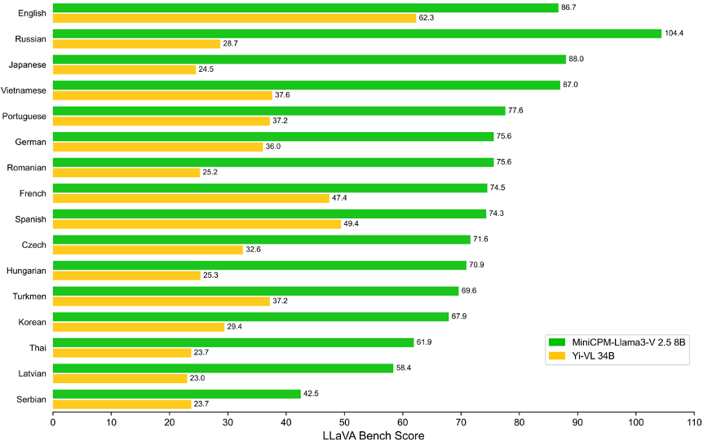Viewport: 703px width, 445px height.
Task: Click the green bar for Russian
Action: pyautogui.click(x=357, y=33)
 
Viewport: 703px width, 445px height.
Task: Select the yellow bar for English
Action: pyautogui.click(x=235, y=18)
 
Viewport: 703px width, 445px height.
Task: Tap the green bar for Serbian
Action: pyautogui.click(x=177, y=394)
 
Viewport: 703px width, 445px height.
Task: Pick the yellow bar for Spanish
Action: pyautogui.click(x=197, y=224)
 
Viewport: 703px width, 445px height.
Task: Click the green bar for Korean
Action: pyautogui.click(x=250, y=317)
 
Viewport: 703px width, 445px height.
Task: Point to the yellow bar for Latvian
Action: pyautogui.click(x=120, y=379)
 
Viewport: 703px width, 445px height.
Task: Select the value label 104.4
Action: pyautogui.click(x=674, y=33)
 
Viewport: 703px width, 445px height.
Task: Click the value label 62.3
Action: pyautogui.click(x=427, y=18)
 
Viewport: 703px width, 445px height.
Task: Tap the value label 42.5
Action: pyautogui.click(x=311, y=394)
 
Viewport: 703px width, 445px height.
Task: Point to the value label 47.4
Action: pyautogui.click(x=339, y=197)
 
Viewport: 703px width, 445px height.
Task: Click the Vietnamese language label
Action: pyautogui.click(x=24, y=90)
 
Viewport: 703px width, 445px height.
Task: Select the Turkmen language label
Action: pyautogui.click(x=29, y=297)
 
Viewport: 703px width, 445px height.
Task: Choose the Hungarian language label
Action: pyautogui.click(x=26, y=271)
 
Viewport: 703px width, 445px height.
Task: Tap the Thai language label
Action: pyautogui.click(x=38, y=348)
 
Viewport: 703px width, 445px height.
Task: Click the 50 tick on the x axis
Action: pyautogui.click(x=344, y=422)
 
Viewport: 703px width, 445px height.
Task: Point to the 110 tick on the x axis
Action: pyautogui.click(x=694, y=422)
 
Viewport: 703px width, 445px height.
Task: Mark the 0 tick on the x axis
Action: pyautogui.click(x=53, y=422)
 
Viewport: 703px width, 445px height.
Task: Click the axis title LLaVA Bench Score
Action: pyautogui.click(x=374, y=435)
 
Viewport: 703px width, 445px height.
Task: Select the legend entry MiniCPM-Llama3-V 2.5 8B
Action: pyautogui.click(x=617, y=342)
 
